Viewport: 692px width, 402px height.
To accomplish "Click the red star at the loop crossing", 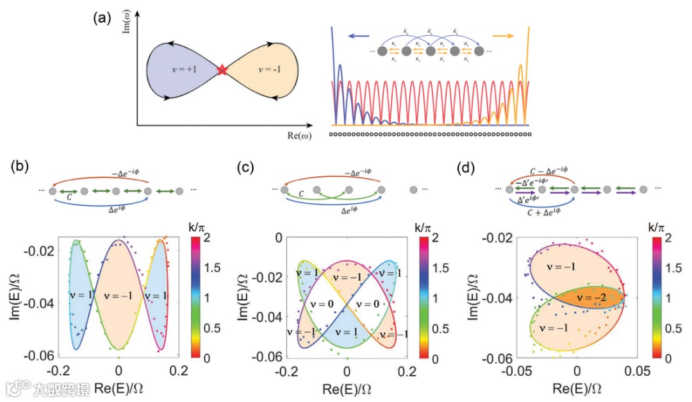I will [222, 70].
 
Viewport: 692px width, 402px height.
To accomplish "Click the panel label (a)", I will [103, 18].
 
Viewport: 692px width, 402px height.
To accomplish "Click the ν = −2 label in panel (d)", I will [593, 298].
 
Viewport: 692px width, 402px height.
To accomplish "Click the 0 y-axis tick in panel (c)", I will [277, 238].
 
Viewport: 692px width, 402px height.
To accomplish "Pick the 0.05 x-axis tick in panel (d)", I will [636, 371].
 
